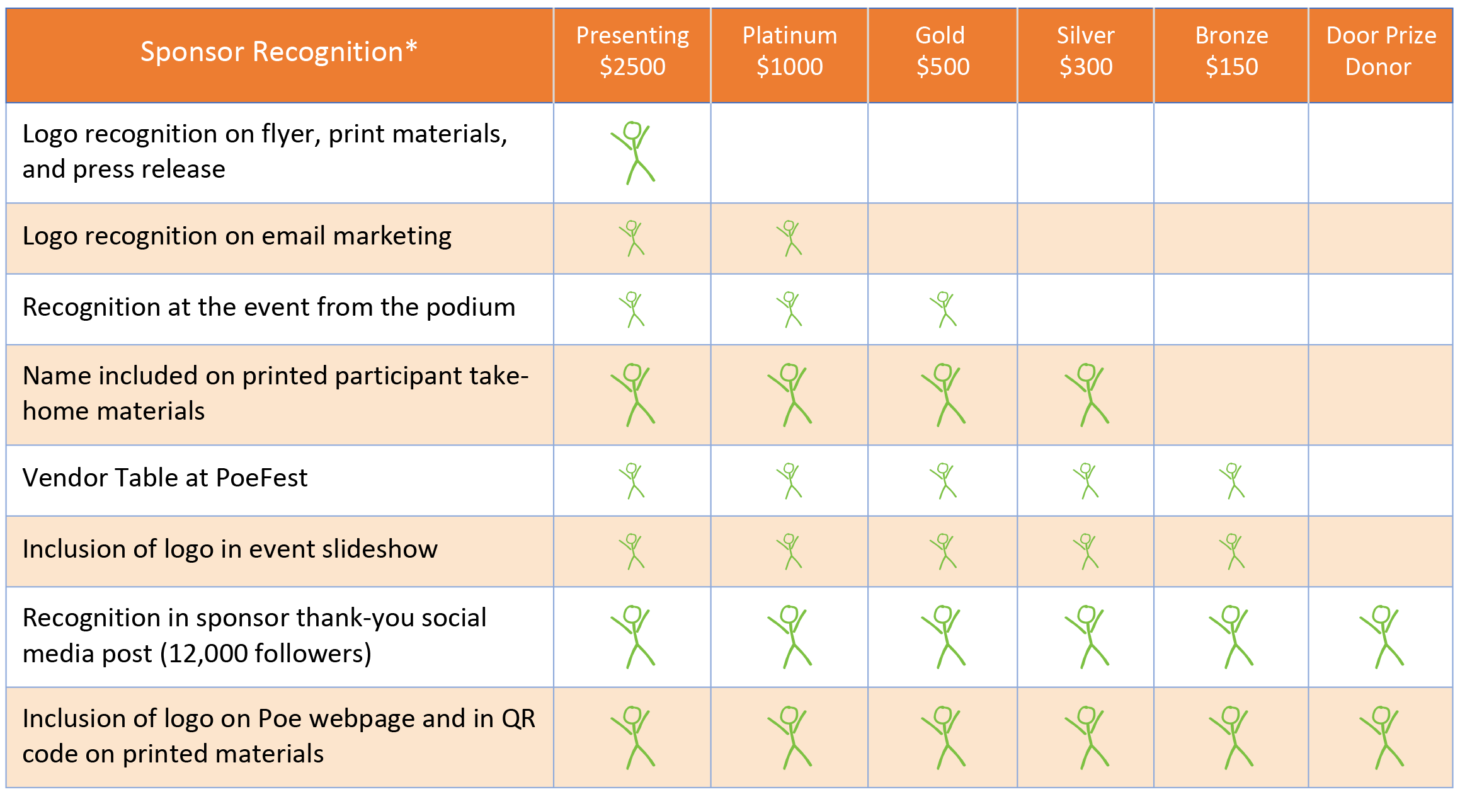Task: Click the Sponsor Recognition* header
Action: coord(278,52)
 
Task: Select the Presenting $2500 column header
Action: coord(632,52)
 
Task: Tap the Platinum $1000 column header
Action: coord(789,52)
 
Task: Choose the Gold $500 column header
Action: coord(942,52)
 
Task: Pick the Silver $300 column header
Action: coord(1085,52)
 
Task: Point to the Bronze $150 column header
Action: coord(1231,52)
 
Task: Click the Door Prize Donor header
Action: coord(1381,52)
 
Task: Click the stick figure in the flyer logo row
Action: coord(633,153)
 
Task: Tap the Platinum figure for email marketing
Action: coord(789,238)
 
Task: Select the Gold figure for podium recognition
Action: coord(943,309)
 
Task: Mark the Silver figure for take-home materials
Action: coord(1087,395)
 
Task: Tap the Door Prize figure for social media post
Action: coord(1381,637)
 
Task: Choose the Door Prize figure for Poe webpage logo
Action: coord(1381,738)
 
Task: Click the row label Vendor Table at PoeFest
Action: coord(165,478)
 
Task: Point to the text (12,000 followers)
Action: coord(266,653)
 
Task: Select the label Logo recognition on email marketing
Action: coord(237,236)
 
